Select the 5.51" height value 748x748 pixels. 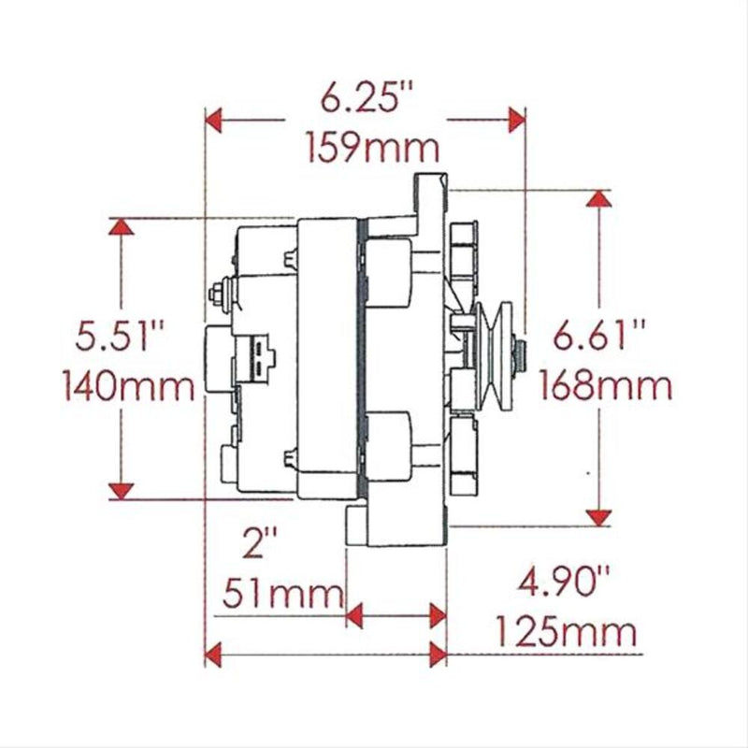point(114,336)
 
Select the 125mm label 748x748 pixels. point(565,633)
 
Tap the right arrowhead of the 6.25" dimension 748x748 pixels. point(515,120)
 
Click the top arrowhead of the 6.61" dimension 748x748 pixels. point(598,198)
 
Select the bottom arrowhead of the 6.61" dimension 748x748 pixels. point(598,516)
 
